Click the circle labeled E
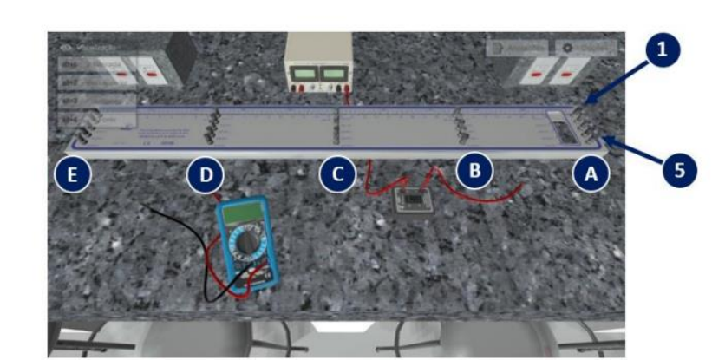click(73, 174)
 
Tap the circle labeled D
click(205, 174)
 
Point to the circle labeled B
click(474, 172)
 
